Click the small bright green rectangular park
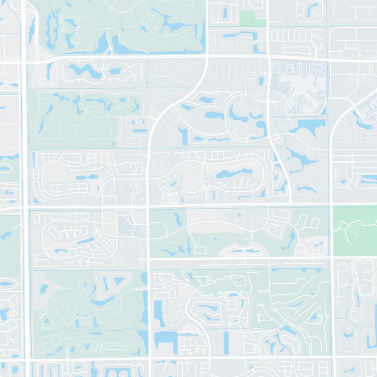click(x=253, y=18)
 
